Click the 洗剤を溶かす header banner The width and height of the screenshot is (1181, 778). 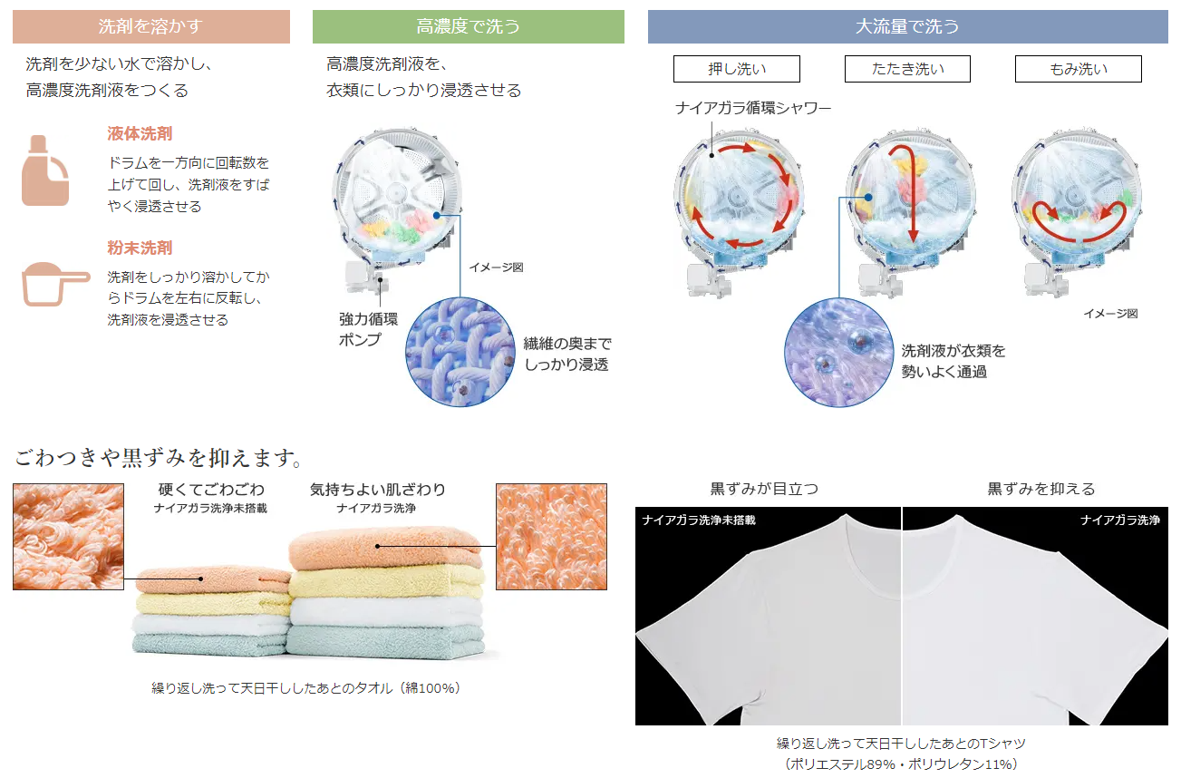point(150,27)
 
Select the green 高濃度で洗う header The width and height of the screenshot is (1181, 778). point(468,27)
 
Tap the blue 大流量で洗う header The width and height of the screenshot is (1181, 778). point(907,27)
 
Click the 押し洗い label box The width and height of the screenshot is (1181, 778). point(736,69)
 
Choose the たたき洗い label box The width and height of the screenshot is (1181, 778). point(907,69)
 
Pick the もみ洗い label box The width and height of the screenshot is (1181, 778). point(1078,69)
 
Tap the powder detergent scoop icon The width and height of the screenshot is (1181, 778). point(54,283)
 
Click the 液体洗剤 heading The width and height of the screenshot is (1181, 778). point(140,134)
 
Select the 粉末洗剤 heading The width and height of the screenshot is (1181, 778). point(140,248)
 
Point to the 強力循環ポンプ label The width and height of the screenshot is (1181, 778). point(368,329)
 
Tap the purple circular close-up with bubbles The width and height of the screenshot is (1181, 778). point(838,352)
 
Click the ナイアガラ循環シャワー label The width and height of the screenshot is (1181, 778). point(752,108)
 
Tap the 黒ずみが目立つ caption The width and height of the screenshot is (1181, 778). point(763,489)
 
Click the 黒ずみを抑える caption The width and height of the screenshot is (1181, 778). point(1041,489)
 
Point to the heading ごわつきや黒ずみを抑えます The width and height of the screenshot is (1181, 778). point(157,456)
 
